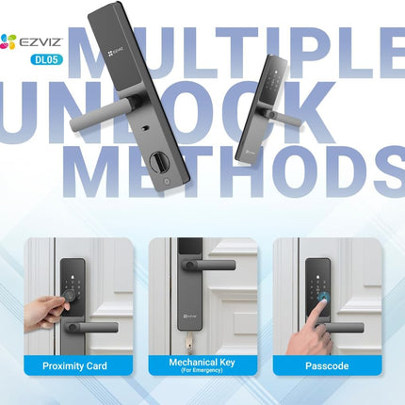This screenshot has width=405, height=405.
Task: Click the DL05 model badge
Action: [46, 59]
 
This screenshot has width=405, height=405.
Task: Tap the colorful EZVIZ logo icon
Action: [8, 41]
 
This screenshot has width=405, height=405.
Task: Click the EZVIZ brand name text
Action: [41, 42]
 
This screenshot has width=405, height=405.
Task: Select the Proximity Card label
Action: [74, 365]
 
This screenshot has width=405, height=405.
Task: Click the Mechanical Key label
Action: [202, 363]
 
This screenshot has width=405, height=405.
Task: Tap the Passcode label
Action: [327, 365]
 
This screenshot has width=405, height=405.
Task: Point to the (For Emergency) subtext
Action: [202, 370]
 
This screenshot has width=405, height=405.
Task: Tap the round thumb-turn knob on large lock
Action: [159, 162]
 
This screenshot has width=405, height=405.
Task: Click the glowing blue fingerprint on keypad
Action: [324, 297]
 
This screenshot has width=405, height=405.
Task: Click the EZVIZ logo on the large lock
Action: [116, 52]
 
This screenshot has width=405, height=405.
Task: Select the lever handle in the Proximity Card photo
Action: [91, 328]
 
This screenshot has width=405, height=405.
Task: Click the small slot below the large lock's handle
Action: [145, 128]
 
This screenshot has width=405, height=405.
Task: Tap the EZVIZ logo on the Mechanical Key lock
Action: [188, 316]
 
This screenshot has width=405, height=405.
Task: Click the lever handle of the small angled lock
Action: [282, 116]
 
